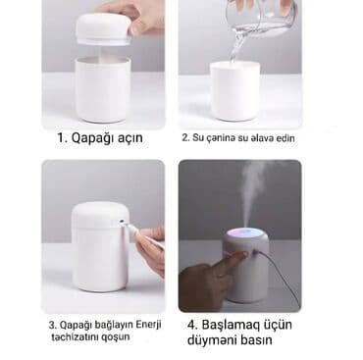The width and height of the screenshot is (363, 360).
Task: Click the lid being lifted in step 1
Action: pyautogui.click(x=103, y=28)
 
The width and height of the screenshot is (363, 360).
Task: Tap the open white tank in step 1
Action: pyautogui.click(x=103, y=89)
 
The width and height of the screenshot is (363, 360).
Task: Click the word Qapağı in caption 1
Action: pyautogui.click(x=89, y=137)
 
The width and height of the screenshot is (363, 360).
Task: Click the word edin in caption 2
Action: pyautogui.click(x=285, y=137)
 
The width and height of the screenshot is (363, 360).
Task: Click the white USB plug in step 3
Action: pyautogui.click(x=129, y=228)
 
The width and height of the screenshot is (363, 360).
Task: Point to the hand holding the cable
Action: pyautogui.click(x=150, y=249)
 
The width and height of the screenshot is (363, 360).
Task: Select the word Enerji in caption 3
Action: pyautogui.click(x=148, y=325)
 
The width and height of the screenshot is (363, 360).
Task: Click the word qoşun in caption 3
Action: pyautogui.click(x=118, y=337)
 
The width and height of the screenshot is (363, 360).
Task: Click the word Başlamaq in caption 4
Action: pyautogui.click(x=231, y=326)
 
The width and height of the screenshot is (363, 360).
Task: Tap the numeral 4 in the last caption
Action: pyautogui.click(x=191, y=325)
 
